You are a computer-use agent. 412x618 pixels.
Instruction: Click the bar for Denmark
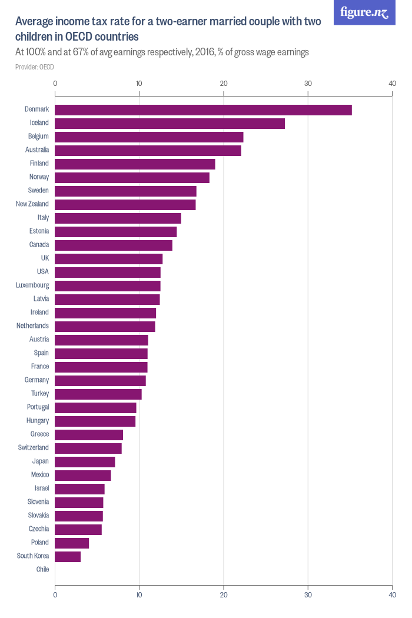203,110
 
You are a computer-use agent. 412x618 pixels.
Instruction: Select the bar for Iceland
170,124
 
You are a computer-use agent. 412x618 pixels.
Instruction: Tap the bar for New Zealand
125,205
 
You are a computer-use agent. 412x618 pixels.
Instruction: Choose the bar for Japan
85,462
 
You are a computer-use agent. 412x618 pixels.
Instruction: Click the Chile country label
42,570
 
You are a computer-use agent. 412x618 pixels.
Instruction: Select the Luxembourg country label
32,285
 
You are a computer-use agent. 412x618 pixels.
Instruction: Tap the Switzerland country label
34,448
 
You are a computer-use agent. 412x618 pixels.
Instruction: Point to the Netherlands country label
33,326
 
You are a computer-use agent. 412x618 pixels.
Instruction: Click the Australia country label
36,150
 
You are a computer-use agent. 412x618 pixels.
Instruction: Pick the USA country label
42,272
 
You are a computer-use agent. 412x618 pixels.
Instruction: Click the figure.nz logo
364,12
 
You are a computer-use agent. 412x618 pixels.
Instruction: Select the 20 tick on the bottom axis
224,595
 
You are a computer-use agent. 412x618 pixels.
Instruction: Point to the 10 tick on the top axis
139,84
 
